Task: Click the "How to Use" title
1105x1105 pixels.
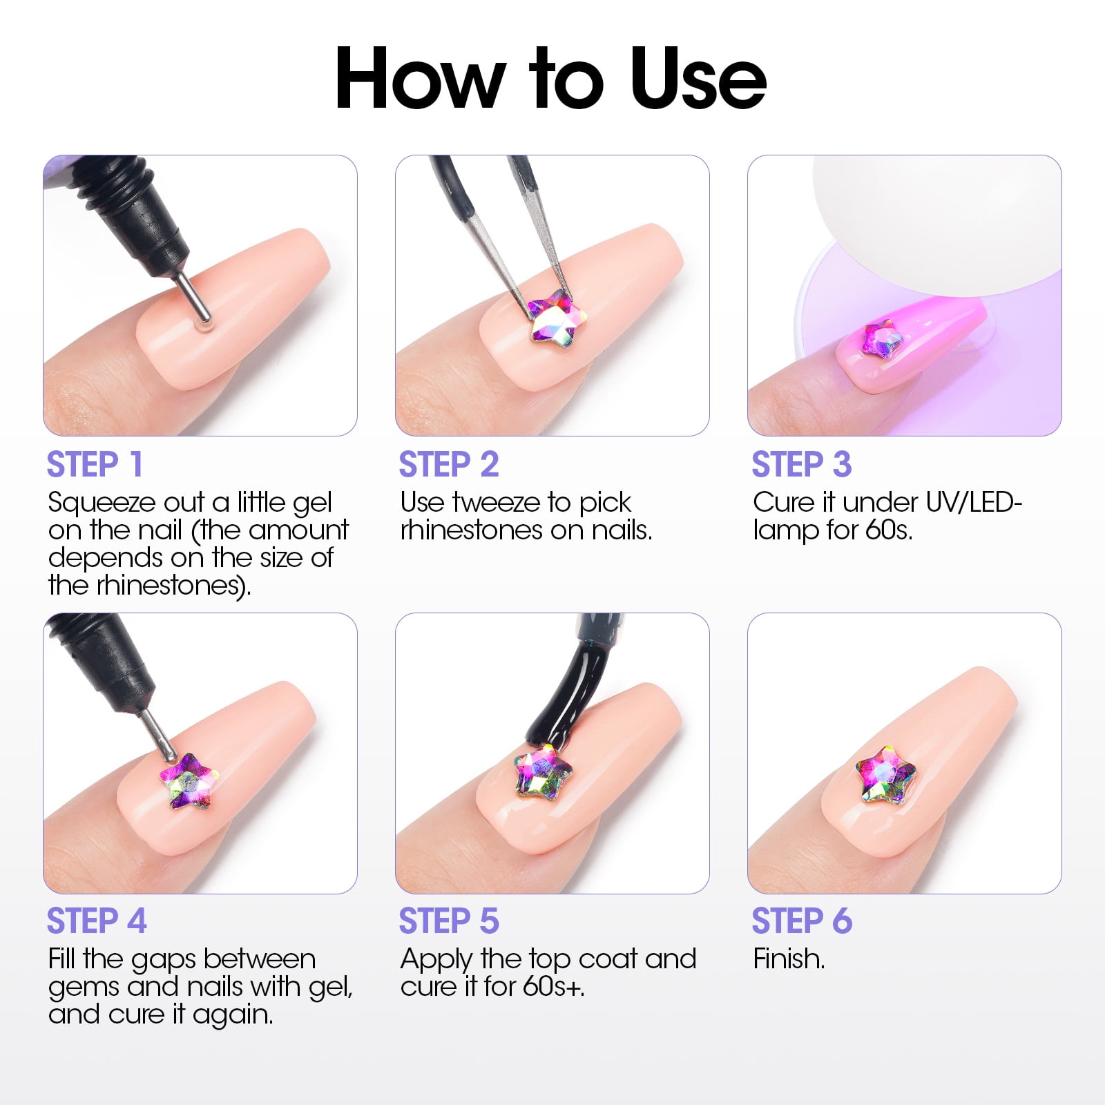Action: point(550,78)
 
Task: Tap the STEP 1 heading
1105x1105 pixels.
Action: point(95,464)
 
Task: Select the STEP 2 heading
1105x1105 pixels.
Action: point(449,464)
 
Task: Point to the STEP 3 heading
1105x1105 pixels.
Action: point(802,464)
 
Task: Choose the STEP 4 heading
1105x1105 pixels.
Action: point(97,921)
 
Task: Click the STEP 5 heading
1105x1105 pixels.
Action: point(449,921)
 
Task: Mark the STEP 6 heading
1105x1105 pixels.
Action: point(802,921)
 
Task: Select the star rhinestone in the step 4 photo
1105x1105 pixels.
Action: point(189,781)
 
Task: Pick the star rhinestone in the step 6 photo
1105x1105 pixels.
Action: point(885,774)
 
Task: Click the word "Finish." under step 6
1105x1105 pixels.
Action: point(789,959)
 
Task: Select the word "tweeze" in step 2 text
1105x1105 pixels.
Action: point(497,502)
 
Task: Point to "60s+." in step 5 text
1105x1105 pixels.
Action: point(553,986)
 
